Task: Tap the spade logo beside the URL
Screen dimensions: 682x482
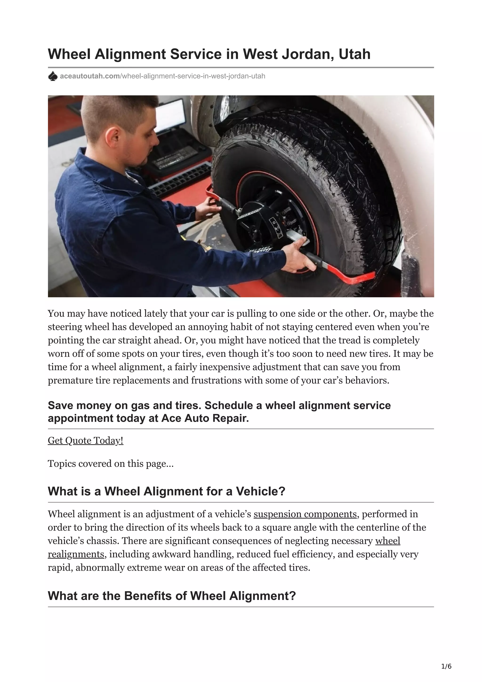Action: point(52,76)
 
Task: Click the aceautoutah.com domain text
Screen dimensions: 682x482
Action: point(90,76)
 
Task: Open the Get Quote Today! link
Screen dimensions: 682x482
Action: point(85,441)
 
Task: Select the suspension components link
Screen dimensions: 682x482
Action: point(305,514)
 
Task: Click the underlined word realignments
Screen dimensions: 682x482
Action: point(76,554)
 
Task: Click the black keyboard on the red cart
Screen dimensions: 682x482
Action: point(178,178)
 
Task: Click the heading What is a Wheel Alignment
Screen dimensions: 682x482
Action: point(166,491)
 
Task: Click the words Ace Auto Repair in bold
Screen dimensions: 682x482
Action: point(205,418)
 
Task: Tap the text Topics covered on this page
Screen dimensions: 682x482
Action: point(110,464)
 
